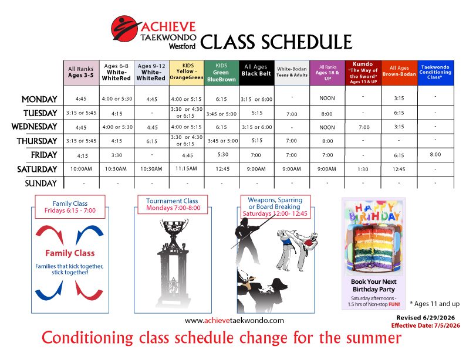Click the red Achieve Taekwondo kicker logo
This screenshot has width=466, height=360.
click(x=125, y=29)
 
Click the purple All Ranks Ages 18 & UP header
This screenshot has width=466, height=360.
click(x=327, y=73)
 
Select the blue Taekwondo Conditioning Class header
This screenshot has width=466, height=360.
click(x=435, y=73)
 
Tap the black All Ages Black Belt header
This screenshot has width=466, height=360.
click(x=256, y=73)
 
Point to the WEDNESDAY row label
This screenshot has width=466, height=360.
click(x=34, y=127)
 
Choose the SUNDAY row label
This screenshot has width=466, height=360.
click(x=40, y=184)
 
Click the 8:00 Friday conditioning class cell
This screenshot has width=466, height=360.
click(x=435, y=154)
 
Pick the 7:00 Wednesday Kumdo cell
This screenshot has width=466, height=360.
click(x=364, y=127)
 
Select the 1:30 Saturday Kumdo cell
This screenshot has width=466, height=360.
click(x=363, y=169)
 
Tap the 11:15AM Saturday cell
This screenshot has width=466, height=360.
click(x=186, y=169)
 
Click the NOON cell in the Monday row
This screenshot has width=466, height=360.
click(x=327, y=98)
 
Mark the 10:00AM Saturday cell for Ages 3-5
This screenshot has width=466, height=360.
click(x=81, y=169)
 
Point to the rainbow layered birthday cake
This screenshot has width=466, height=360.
click(x=374, y=247)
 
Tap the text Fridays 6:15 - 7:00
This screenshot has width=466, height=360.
click(x=70, y=210)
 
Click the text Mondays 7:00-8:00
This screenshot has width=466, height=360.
click(x=173, y=208)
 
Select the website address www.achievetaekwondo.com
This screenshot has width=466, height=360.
click(x=234, y=321)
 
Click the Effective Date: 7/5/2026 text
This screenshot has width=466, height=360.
click(x=426, y=325)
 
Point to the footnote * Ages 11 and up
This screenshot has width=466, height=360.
click(x=434, y=304)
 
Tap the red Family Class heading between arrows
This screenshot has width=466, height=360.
click(x=70, y=253)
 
